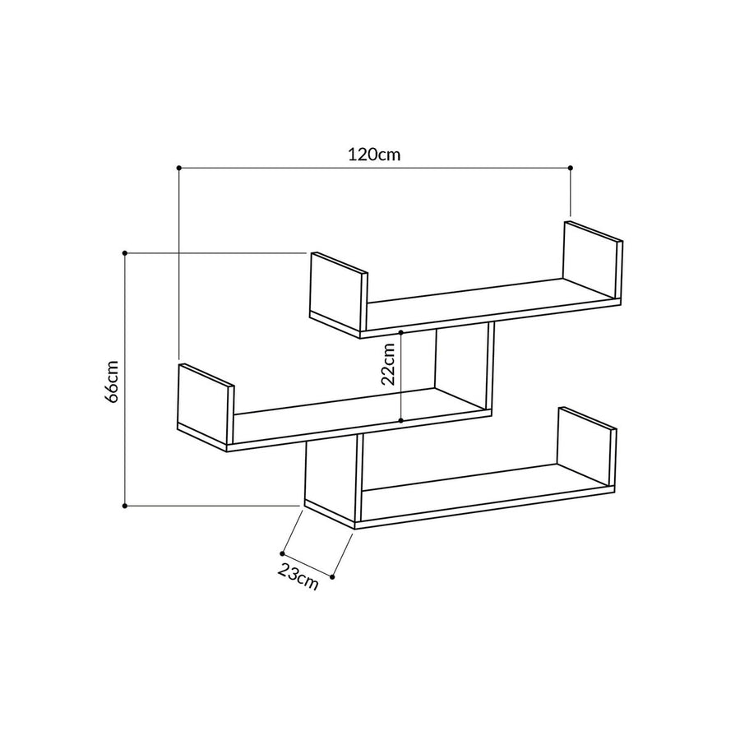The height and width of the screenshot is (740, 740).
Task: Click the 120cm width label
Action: coord(374,155)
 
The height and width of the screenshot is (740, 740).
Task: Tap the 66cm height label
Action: coord(112,382)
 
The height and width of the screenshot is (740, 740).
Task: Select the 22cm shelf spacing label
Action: coord(388,364)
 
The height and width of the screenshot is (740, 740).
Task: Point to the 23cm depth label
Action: coord(298,576)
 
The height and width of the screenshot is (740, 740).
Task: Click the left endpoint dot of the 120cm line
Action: coord(179,168)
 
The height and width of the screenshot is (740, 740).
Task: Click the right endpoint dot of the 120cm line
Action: coord(570,168)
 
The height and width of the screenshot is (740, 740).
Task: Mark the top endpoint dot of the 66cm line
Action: coord(125,253)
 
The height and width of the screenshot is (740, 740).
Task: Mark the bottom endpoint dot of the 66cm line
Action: coord(125,506)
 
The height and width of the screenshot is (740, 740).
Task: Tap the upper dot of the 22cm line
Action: coord(400,333)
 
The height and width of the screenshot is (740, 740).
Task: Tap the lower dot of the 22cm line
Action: coord(400,420)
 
